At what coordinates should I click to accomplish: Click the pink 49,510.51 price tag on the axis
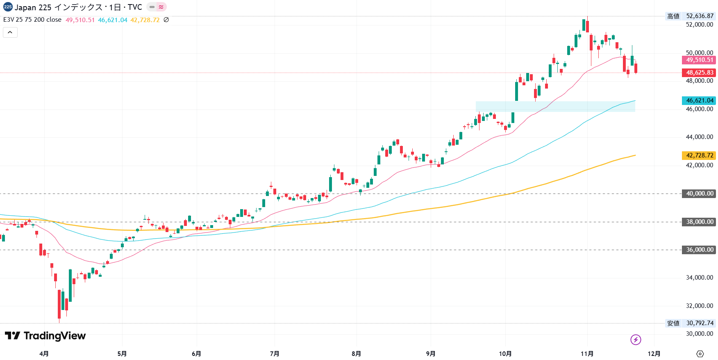pyautogui.click(x=699, y=60)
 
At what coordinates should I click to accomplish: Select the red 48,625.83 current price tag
pyautogui.click(x=699, y=73)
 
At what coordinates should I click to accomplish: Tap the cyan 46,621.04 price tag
pyautogui.click(x=699, y=100)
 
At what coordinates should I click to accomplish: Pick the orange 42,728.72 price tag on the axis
pyautogui.click(x=699, y=155)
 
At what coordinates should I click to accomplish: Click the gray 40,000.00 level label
pyautogui.click(x=699, y=194)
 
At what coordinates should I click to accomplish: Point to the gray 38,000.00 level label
pyautogui.click(x=699, y=222)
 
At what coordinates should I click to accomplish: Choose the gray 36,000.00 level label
pyautogui.click(x=699, y=250)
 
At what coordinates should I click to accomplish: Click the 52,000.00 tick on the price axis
pyautogui.click(x=699, y=25)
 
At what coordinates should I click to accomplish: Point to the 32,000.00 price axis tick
pyautogui.click(x=699, y=306)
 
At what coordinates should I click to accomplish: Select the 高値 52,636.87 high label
pyautogui.click(x=690, y=16)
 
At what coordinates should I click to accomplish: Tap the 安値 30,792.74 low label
pyautogui.click(x=690, y=323)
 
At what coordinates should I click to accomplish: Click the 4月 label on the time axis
pyautogui.click(x=44, y=353)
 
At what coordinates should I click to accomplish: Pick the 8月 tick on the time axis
pyautogui.click(x=356, y=353)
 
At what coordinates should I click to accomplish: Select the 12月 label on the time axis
pyautogui.click(x=654, y=353)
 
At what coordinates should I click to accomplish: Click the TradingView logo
pyautogui.click(x=45, y=336)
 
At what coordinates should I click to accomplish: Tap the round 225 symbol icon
pyautogui.click(x=8, y=7)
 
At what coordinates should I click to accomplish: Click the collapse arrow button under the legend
pyautogui.click(x=10, y=32)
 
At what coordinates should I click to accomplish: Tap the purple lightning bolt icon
pyautogui.click(x=636, y=339)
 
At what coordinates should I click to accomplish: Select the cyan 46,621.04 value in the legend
pyautogui.click(x=113, y=20)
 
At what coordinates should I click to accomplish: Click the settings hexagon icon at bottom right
pyautogui.click(x=700, y=353)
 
